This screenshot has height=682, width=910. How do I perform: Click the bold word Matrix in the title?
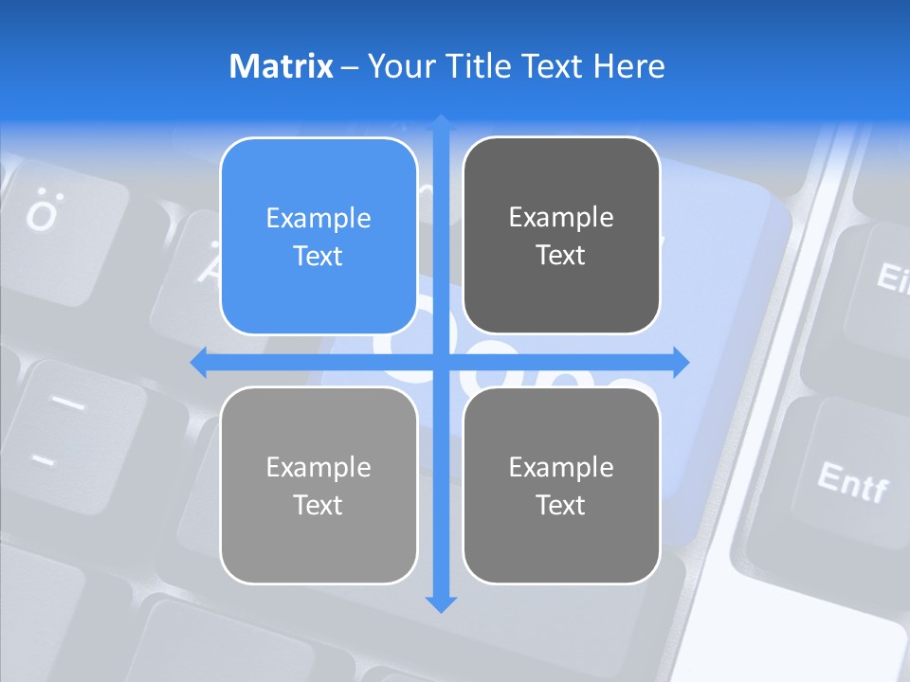pyautogui.click(x=281, y=66)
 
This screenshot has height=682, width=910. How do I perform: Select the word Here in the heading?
pyautogui.click(x=628, y=66)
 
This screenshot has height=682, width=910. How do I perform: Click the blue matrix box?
pyautogui.click(x=318, y=236)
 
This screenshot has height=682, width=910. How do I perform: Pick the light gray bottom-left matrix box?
pyautogui.click(x=318, y=485)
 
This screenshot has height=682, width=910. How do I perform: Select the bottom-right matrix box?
pyautogui.click(x=561, y=485)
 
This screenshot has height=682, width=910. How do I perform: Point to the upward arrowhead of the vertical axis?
pyautogui.click(x=441, y=122)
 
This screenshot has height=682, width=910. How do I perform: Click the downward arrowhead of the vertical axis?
pyautogui.click(x=441, y=604)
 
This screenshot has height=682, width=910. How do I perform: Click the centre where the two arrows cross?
pyautogui.click(x=441, y=363)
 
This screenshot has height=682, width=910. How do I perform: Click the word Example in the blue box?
pyautogui.click(x=318, y=218)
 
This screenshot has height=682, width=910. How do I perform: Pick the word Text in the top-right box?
pyautogui.click(x=561, y=255)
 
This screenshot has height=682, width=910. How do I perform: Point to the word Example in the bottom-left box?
pyautogui.click(x=318, y=467)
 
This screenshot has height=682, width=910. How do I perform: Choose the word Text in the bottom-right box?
pyautogui.click(x=561, y=505)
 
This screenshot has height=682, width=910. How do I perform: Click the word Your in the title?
pyautogui.click(x=392, y=66)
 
